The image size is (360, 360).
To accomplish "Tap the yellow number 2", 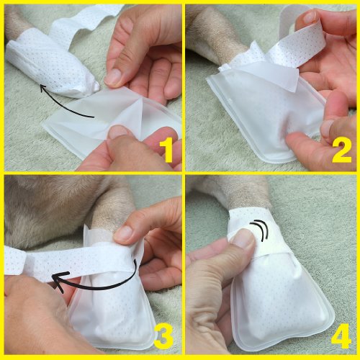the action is click(x=342, y=151).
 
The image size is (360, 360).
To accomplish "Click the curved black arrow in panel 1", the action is click(x=63, y=106).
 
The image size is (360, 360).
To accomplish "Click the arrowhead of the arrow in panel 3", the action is click(x=60, y=281).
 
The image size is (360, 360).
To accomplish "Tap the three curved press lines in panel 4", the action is click(x=260, y=230).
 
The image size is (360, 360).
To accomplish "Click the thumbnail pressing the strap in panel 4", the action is click(x=243, y=238).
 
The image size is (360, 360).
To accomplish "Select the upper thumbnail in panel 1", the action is click(x=113, y=76).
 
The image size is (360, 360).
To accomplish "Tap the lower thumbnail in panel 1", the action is click(x=118, y=132).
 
